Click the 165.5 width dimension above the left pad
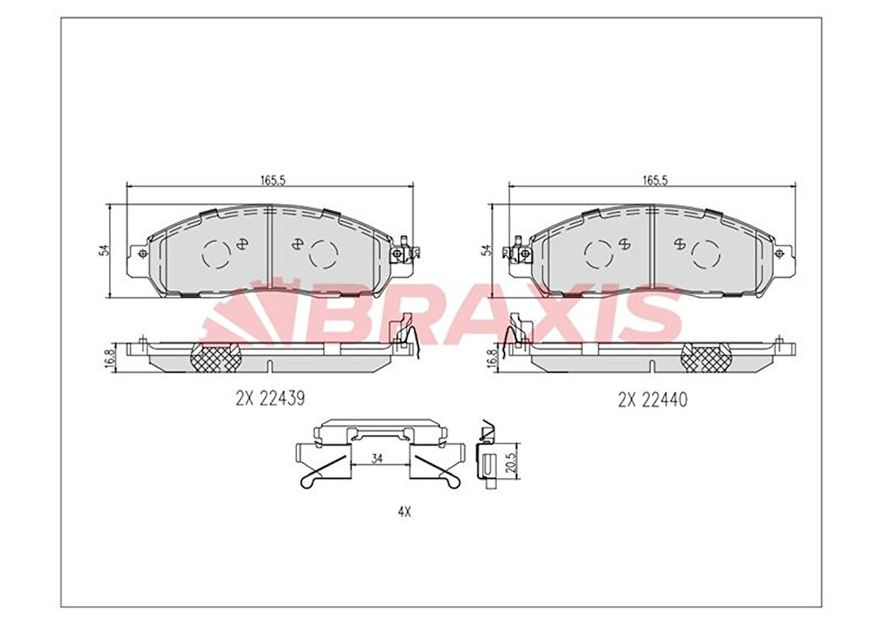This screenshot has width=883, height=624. (269, 179)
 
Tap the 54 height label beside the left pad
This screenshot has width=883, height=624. (105, 250)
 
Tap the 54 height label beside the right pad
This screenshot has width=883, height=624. (486, 250)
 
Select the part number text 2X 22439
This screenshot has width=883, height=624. (269, 400)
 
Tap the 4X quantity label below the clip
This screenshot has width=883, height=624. (405, 512)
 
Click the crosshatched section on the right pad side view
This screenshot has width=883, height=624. (707, 357)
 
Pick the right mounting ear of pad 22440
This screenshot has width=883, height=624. (784, 252)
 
